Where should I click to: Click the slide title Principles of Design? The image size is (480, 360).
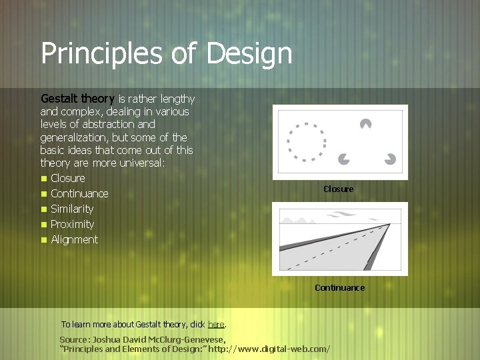click(x=166, y=53)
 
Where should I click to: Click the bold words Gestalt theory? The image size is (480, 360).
click(x=77, y=99)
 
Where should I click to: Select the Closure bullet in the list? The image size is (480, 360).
click(x=67, y=178)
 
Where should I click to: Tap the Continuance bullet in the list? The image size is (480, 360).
click(x=79, y=193)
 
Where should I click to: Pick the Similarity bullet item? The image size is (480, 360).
click(x=72, y=209)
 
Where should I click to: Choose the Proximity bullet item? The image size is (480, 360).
click(x=72, y=224)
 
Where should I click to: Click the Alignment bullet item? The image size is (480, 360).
click(x=74, y=239)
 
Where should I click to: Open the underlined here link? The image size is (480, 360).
click(x=216, y=325)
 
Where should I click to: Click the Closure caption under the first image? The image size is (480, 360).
click(x=339, y=189)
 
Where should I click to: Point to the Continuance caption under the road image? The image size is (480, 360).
click(x=339, y=288)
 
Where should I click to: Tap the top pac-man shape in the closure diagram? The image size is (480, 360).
click(x=365, y=123)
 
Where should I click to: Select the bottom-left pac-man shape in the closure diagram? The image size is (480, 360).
click(x=344, y=158)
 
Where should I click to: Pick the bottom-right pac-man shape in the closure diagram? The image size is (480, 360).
click(x=390, y=159)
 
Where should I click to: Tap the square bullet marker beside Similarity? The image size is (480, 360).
click(x=43, y=209)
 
